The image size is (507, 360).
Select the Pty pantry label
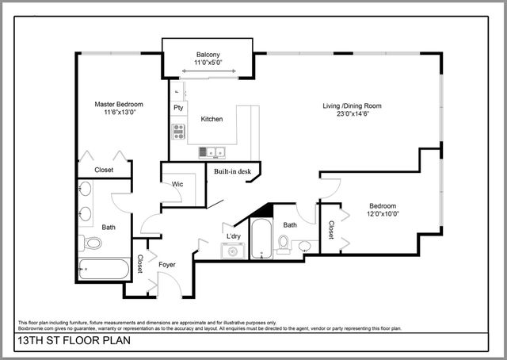tap(179, 107)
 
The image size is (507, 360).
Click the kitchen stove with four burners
tap(179, 131)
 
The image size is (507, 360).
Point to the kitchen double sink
tap(212, 151)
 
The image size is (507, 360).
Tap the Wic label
tap(178, 184)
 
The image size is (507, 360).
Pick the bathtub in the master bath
tap(104, 269)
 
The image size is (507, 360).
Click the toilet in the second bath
tap(284, 242)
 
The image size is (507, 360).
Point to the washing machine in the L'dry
tap(233, 251)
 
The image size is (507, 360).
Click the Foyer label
tap(167, 265)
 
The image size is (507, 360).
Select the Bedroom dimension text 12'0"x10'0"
tap(383, 214)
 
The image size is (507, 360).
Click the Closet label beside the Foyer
tap(140, 265)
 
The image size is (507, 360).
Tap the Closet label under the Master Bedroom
tap(104, 170)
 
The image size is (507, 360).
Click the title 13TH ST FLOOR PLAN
tap(64, 343)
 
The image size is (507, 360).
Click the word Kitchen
tap(212, 119)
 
